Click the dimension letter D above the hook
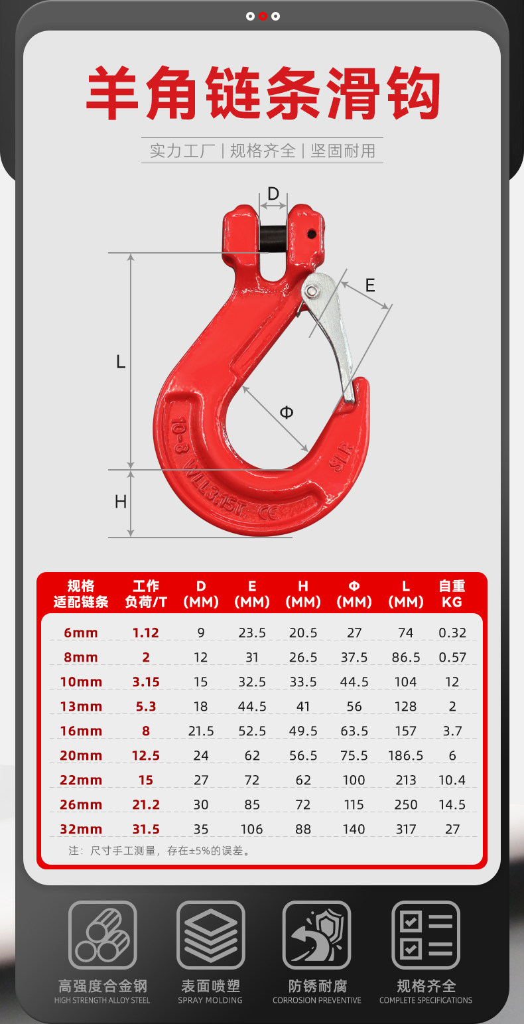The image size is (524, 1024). pos(273,194)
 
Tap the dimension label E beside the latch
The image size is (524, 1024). pos(370,285)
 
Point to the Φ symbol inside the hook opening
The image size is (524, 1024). pos(287,413)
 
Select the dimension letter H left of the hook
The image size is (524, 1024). pos(121,502)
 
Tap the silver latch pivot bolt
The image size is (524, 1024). pos(312,291)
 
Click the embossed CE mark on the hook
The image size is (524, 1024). pos(269,512)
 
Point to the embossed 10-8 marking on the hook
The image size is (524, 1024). pos(180,435)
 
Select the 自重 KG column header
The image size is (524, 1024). pos(452,594)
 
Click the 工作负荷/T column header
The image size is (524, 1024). pos(146,594)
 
